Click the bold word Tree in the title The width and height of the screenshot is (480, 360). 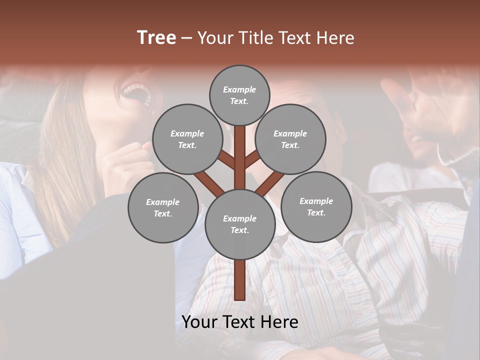click(156, 38)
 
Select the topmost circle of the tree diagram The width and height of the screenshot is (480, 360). click(239, 95)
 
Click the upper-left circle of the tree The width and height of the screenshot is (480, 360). click(187, 139)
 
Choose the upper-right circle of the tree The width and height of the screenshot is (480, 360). click(290, 139)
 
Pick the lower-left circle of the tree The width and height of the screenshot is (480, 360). click(163, 207)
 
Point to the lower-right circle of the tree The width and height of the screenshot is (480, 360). click(316, 206)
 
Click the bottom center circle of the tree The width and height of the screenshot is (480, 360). click(240, 224)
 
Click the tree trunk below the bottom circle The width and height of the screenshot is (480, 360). click(240, 280)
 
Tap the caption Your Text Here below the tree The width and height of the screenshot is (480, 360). click(240, 322)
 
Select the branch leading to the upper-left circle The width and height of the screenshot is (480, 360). click(226, 160)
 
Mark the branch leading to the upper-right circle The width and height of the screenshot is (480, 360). click(252, 159)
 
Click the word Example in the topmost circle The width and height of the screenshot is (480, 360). click(239, 90)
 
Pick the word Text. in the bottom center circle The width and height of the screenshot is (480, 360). click(239, 230)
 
